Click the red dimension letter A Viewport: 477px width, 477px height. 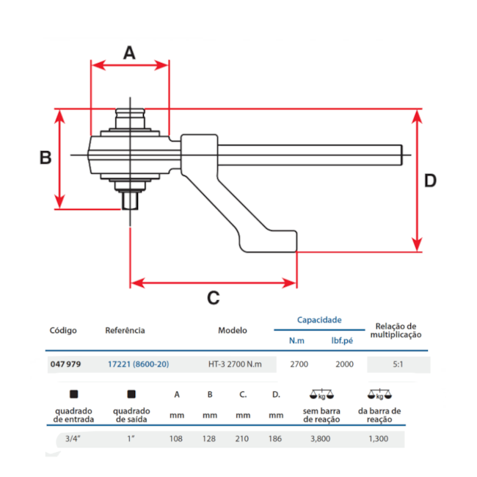click(x=129, y=53)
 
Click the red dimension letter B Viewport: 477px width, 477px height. click(x=45, y=158)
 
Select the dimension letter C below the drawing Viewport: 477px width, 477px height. click(x=213, y=298)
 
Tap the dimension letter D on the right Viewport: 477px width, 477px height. click(x=430, y=181)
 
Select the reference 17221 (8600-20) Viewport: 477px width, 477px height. click(x=138, y=364)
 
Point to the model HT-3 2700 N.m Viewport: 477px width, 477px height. click(x=235, y=364)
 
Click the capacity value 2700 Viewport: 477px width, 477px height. click(x=299, y=364)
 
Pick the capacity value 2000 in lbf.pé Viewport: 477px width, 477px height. click(x=344, y=364)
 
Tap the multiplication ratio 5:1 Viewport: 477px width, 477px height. click(x=398, y=364)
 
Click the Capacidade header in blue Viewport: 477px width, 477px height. click(x=319, y=321)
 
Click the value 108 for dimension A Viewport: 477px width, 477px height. click(x=176, y=439)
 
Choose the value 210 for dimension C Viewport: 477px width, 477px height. click(x=242, y=439)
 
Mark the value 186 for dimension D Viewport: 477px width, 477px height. click(x=276, y=439)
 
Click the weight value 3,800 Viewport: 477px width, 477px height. click(x=321, y=439)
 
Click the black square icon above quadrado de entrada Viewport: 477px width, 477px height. click(x=73, y=394)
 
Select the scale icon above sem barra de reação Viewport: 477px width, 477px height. click(x=321, y=394)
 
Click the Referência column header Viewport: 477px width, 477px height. click(x=125, y=330)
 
